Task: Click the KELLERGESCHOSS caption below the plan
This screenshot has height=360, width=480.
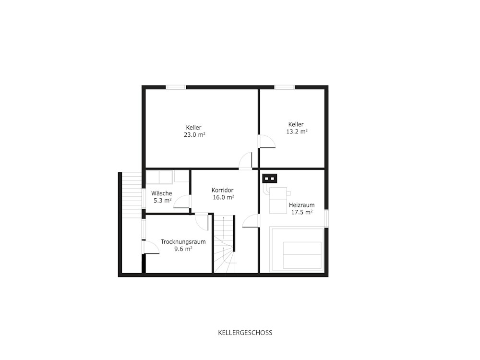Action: pyautogui.click(x=245, y=333)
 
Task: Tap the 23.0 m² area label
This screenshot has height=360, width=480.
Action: pyautogui.click(x=194, y=135)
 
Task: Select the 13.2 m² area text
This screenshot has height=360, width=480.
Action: pyautogui.click(x=297, y=132)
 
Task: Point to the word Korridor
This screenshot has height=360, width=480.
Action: pyautogui.click(x=223, y=190)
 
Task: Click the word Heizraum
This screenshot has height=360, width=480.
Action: pyautogui.click(x=301, y=205)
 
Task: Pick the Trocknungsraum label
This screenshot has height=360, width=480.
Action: pyautogui.click(x=183, y=242)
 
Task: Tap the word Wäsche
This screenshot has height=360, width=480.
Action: pyautogui.click(x=162, y=193)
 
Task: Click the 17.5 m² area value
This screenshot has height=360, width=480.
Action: pyautogui.click(x=301, y=213)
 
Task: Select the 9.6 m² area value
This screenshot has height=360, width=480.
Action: pyautogui.click(x=183, y=249)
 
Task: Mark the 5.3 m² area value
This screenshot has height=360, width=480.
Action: pyautogui.click(x=163, y=201)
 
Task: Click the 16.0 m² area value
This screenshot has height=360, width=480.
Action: pyautogui.click(x=224, y=197)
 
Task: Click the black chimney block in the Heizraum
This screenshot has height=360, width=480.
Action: pyautogui.click(x=270, y=178)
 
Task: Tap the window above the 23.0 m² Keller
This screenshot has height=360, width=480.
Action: pyautogui.click(x=176, y=87)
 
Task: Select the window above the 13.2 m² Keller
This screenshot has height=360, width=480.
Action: pyautogui.click(x=284, y=87)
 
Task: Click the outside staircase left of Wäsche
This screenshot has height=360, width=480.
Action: pyautogui.click(x=132, y=195)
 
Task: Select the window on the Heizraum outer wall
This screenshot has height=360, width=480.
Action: pyautogui.click(x=326, y=218)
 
